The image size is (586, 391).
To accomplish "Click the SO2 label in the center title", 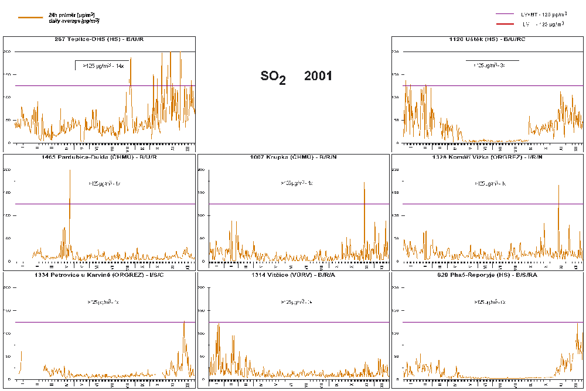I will (x=273, y=77).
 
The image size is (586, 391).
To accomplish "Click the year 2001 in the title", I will (x=318, y=76).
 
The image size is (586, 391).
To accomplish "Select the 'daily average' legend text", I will (x=74, y=21).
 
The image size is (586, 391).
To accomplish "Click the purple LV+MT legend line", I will (x=504, y=13).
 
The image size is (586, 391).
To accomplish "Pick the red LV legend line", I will (x=504, y=24).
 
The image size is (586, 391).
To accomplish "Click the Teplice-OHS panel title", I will (x=99, y=39).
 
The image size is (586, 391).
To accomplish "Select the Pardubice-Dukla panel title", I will (x=99, y=157).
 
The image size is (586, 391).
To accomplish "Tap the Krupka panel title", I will (x=293, y=157).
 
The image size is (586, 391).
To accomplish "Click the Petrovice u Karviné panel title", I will (x=99, y=275).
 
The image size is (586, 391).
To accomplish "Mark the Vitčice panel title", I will (x=293, y=275).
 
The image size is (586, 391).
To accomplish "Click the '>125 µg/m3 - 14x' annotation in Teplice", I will (x=103, y=66).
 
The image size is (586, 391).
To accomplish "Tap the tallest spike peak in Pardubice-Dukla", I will (x=70, y=170).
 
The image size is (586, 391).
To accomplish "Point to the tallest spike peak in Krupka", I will (x=364, y=182).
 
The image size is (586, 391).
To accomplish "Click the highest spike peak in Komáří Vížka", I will (x=558, y=186).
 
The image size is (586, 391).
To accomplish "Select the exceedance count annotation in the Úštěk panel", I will (x=492, y=66).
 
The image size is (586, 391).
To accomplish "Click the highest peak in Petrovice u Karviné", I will (x=184, y=321).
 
